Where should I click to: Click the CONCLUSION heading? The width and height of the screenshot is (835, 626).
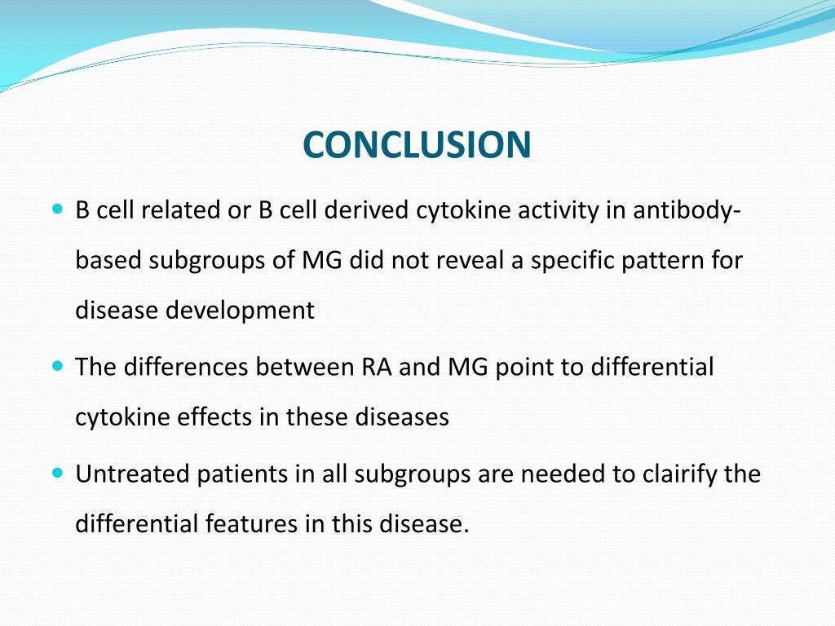417,145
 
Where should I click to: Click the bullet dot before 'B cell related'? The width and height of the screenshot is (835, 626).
57,209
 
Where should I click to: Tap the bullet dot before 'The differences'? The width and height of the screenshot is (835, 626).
57,367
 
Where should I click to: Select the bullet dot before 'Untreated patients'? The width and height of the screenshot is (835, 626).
57,473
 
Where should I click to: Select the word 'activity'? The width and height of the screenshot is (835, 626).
554,210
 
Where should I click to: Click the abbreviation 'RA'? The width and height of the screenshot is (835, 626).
377,368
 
